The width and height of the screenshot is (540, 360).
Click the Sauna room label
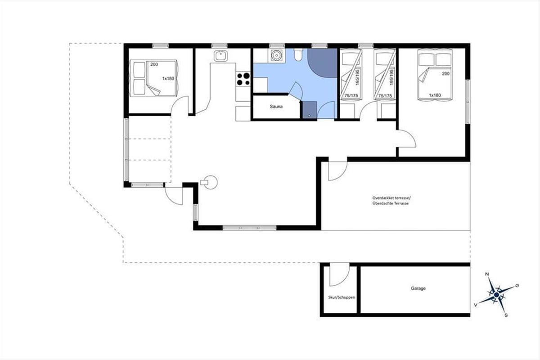point(276,107)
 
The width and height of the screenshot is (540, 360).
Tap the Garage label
point(418,288)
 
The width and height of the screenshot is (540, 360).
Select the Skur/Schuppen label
point(342,297)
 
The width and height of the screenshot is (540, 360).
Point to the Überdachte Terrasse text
point(390,203)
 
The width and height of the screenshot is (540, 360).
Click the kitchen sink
point(220,56)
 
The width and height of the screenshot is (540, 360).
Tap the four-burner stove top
point(243,79)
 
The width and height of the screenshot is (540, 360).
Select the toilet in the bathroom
point(298,54)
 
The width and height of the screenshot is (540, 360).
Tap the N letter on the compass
point(487,274)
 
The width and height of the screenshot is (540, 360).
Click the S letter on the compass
point(506,315)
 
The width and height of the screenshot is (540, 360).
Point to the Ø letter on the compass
point(517,286)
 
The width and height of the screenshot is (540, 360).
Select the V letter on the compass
point(475,305)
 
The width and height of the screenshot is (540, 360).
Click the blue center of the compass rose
point(496,295)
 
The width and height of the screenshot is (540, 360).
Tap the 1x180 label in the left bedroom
point(168,79)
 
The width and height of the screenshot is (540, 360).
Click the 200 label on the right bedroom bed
point(446,74)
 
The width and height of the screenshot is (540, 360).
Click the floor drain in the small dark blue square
point(309,116)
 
